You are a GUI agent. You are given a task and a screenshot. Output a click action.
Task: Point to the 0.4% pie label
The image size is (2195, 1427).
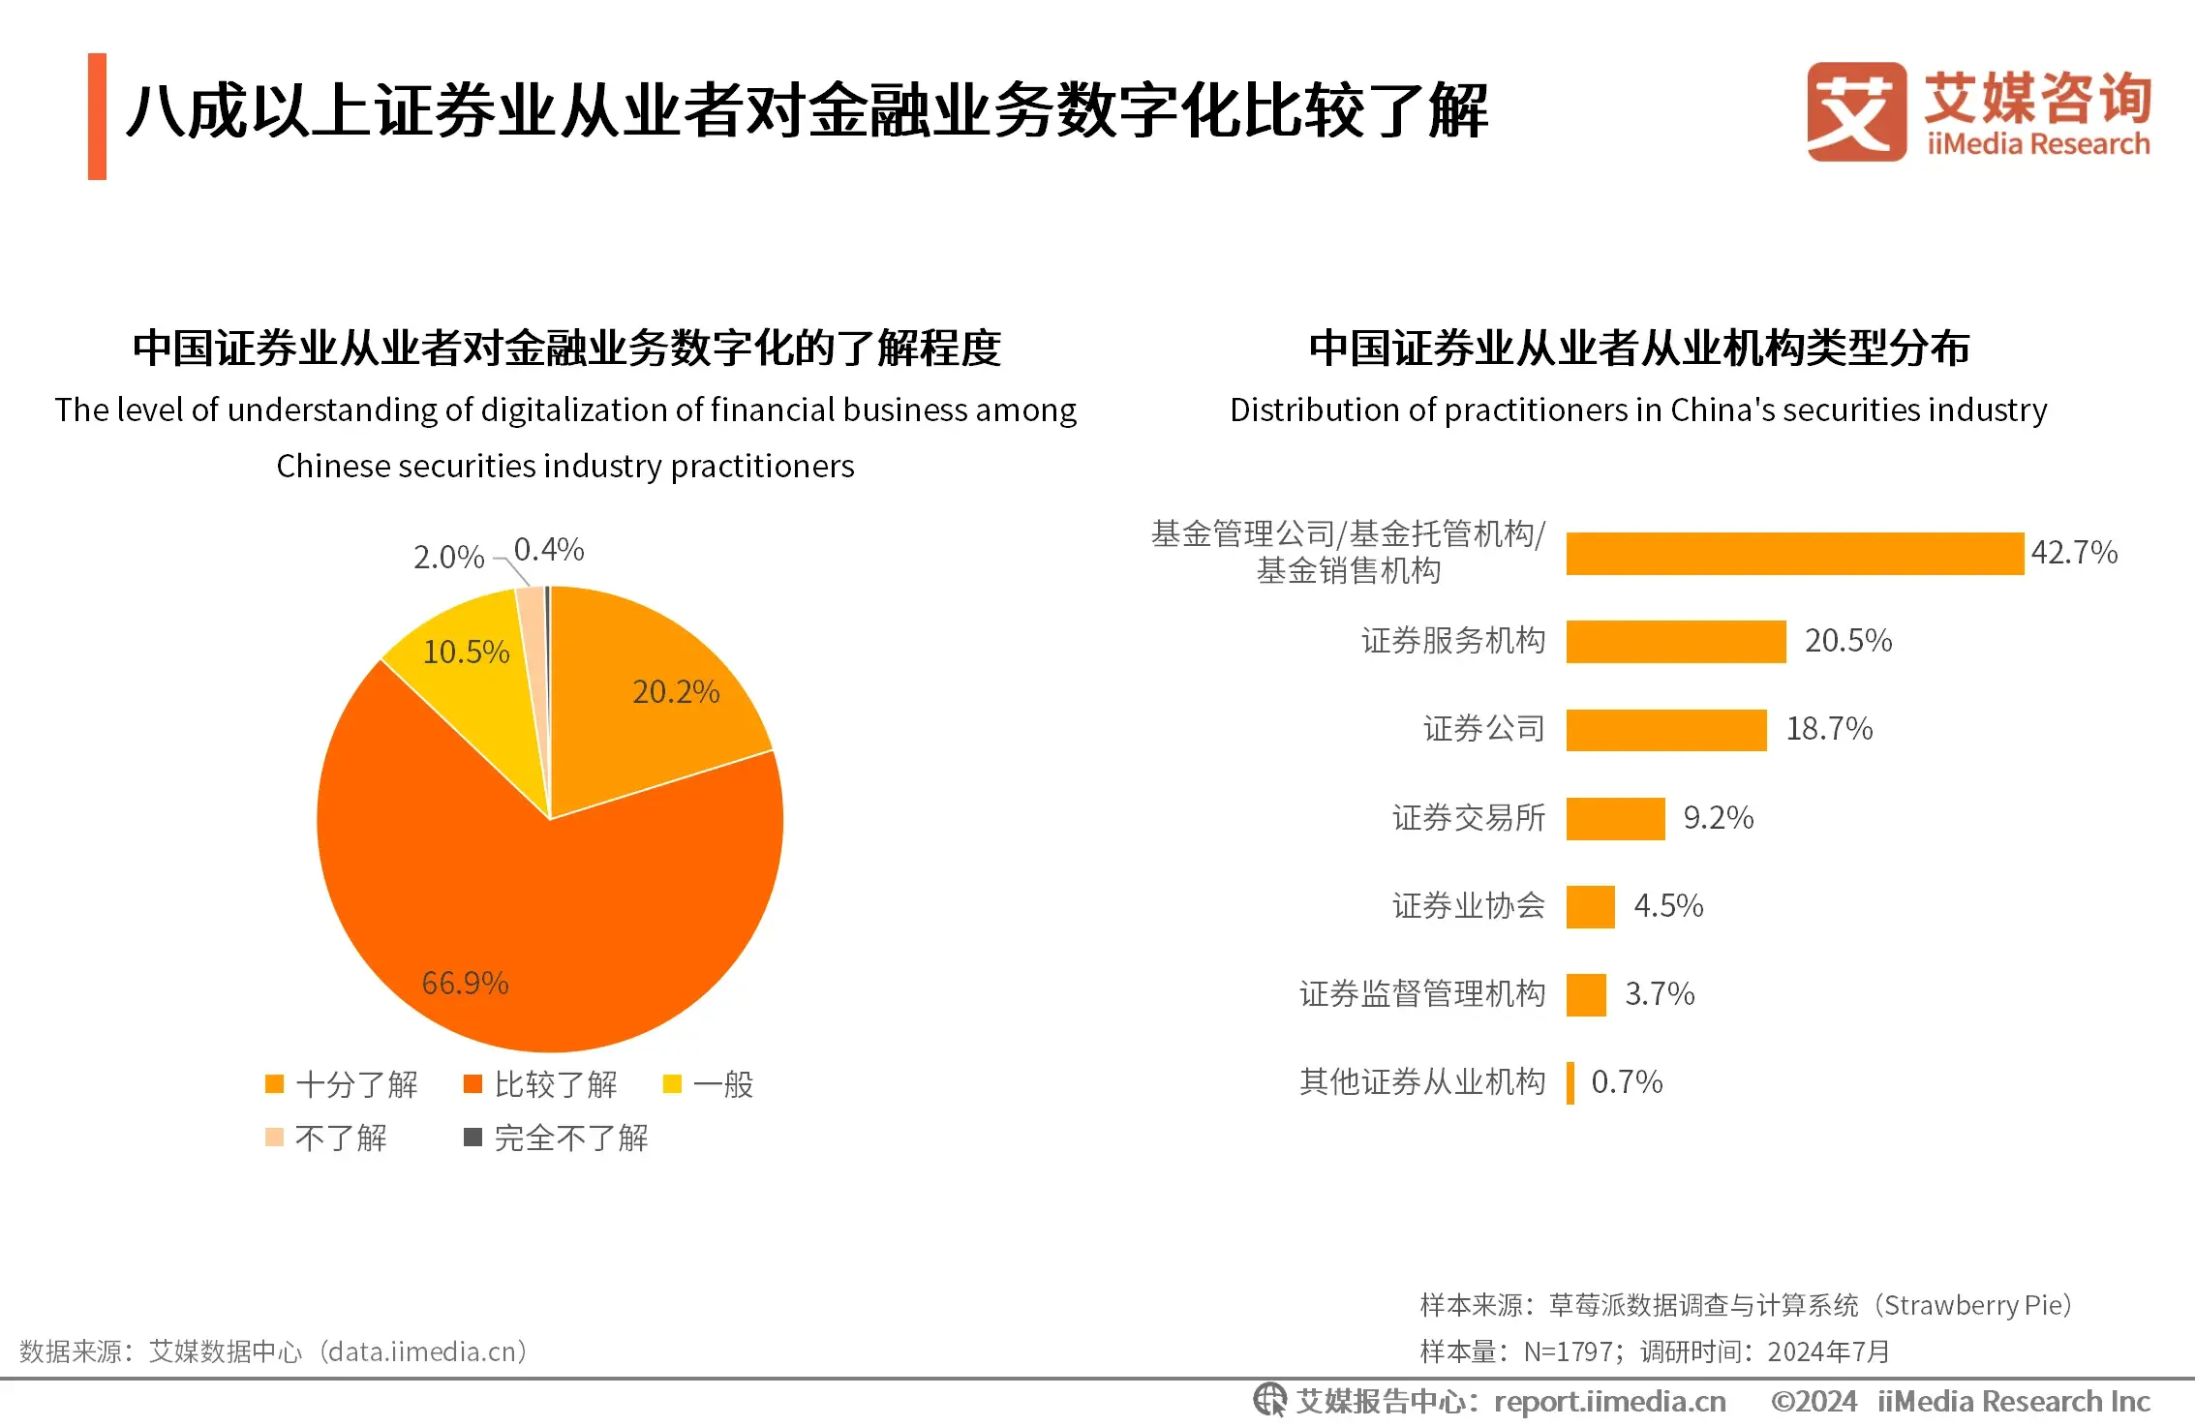[549, 550]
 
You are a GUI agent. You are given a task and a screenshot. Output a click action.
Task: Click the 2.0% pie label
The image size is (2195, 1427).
[448, 558]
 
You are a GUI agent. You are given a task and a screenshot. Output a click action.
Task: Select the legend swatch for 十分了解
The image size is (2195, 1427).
[275, 1084]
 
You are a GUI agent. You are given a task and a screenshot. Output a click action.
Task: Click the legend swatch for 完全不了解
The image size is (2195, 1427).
[473, 1138]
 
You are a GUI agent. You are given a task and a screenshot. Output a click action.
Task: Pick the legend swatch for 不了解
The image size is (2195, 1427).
[275, 1138]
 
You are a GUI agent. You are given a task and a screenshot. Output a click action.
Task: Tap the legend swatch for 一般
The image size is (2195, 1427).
[672, 1084]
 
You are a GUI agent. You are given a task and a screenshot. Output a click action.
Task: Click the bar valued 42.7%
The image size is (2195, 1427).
[1794, 554]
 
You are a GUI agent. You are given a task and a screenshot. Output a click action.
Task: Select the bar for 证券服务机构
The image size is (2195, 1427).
[1675, 642]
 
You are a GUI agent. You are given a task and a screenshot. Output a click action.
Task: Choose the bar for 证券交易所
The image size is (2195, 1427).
[1615, 819]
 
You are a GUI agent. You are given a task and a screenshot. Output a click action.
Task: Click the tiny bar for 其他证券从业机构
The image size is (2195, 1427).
[1570, 1083]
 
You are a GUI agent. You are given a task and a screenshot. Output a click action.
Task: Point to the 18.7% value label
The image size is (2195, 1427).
[1829, 729]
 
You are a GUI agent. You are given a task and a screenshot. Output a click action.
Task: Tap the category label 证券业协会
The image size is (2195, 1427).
[1468, 906]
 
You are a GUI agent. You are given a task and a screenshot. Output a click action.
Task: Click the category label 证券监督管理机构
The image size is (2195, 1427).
[1421, 994]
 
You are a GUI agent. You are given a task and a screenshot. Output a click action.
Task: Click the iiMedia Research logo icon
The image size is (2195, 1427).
[1855, 111]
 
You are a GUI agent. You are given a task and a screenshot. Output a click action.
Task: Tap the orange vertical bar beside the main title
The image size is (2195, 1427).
[97, 116]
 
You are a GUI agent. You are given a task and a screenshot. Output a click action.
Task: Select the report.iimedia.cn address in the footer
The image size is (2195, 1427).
[1609, 1402]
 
